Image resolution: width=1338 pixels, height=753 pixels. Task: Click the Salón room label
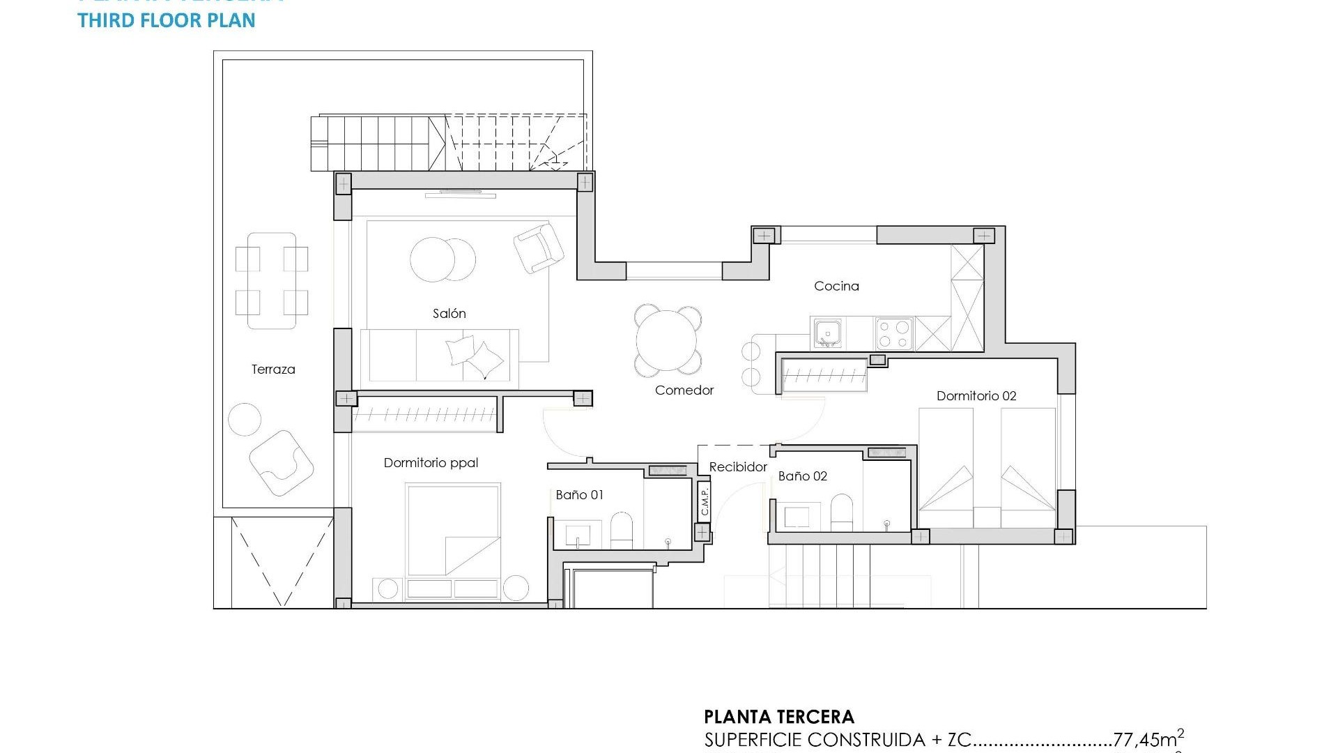[449, 314]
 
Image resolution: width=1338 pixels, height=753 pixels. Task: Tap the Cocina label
[836, 286]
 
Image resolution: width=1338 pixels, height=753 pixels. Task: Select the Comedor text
[684, 390]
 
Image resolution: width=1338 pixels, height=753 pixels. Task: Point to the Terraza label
[273, 370]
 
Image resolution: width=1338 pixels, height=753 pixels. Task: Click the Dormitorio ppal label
[431, 463]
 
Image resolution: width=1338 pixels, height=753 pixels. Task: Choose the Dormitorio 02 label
[976, 396]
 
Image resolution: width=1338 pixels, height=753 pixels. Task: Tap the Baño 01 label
[579, 495]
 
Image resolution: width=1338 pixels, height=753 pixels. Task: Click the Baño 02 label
[802, 476]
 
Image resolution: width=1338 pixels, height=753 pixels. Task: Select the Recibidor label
[738, 467]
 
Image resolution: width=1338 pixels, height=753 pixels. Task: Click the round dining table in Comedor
[666, 340]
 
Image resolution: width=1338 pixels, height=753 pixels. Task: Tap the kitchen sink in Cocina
[827, 333]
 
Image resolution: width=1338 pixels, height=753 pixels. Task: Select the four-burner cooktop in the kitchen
[894, 333]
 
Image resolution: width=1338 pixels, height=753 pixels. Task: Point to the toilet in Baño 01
[621, 531]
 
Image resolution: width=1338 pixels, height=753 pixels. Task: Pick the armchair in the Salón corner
[539, 248]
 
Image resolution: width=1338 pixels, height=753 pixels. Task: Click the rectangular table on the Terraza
[272, 281]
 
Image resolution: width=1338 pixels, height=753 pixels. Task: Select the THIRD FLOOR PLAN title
[167, 20]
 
